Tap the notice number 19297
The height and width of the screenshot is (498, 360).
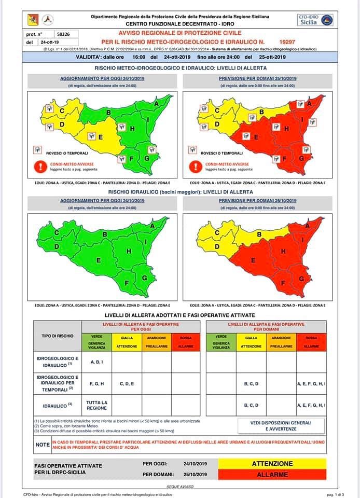tap(286, 40)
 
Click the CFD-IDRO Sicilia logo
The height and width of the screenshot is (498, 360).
tap(315, 20)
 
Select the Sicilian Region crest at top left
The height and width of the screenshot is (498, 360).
tap(32, 20)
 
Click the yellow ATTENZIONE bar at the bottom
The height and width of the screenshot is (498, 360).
tap(272, 464)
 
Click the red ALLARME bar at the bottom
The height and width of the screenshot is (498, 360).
tap(272, 474)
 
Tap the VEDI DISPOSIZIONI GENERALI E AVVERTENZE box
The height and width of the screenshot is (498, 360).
tap(281, 426)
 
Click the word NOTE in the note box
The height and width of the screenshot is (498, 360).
tap(43, 445)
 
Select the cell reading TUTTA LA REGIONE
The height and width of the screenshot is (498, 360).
tap(97, 405)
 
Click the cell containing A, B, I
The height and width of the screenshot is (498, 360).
tap(97, 362)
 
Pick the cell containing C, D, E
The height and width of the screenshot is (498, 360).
tap(127, 383)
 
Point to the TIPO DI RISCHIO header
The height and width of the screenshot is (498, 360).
tap(57, 336)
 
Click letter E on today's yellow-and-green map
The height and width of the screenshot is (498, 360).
tap(100, 137)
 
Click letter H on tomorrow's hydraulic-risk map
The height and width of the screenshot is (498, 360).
tap(284, 251)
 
